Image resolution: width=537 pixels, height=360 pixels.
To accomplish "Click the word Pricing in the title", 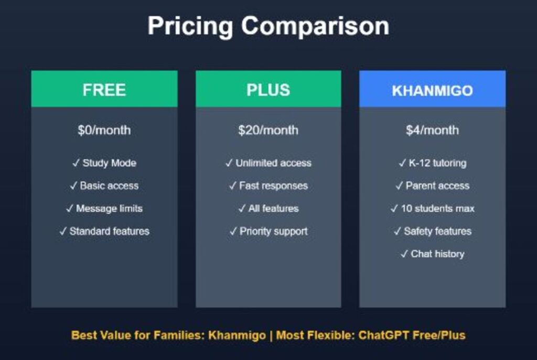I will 188,26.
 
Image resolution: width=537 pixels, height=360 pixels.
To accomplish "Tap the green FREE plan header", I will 104,90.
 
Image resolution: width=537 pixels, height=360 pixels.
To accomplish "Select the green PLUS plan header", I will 268,90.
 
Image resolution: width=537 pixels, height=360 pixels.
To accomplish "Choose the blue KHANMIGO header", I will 432,90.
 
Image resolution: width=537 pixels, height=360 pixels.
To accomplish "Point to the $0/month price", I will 104,130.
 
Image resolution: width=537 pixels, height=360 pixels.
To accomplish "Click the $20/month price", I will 268,130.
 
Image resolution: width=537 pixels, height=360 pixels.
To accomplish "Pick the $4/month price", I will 432,130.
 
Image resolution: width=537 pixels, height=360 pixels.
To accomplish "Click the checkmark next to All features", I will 242,209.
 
